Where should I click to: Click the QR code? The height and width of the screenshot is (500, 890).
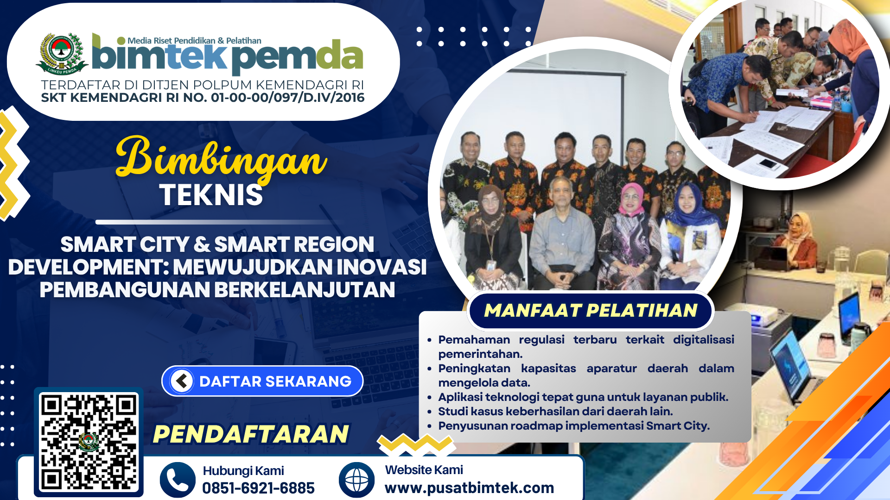(89, 442)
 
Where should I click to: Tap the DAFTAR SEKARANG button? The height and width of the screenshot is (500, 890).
(262, 381)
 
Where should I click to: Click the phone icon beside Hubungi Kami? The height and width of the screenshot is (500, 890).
(178, 480)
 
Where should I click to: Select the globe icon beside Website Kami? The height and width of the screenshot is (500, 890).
(356, 480)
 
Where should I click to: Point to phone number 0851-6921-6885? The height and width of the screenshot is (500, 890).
(258, 488)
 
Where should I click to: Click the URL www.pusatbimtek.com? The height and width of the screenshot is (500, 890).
(469, 487)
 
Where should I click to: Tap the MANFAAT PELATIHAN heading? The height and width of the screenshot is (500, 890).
(591, 310)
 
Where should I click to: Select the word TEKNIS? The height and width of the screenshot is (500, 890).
(211, 195)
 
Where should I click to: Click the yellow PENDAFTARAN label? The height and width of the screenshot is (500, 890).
(251, 434)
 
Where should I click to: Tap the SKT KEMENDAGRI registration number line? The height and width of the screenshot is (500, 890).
(203, 98)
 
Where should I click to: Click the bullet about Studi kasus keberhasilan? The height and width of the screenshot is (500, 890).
(555, 411)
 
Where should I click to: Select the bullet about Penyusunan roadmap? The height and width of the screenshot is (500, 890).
(574, 425)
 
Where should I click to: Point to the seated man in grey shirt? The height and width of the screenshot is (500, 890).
(562, 234)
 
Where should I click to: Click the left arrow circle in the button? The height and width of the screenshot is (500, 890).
(182, 381)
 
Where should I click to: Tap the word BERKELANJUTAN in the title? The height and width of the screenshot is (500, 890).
(305, 289)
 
